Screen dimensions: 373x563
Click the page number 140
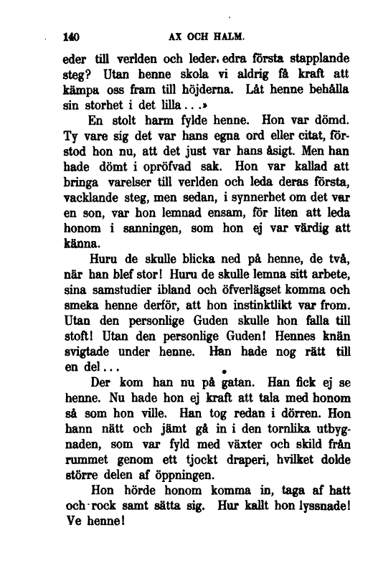coord(70,34)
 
